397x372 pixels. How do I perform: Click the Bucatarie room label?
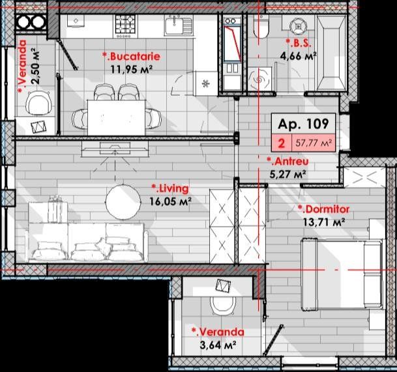[x=131, y=56]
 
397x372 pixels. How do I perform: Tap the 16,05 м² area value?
[x=170, y=202]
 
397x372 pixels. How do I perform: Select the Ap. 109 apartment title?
[x=303, y=124]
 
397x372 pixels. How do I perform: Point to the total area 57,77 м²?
[x=314, y=143]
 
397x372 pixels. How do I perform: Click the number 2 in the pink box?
[x=282, y=143]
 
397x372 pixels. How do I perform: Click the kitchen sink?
[x=179, y=25]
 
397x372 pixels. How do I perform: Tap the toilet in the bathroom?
[x=261, y=27]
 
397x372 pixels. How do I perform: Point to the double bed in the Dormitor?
[x=342, y=274]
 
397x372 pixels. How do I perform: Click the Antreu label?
[x=288, y=161]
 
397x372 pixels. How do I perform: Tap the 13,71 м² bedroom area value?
[x=324, y=222]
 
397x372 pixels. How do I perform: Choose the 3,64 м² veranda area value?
[x=218, y=345]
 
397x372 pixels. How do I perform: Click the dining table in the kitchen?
[x=117, y=118]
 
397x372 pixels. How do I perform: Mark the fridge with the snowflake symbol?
[x=205, y=83]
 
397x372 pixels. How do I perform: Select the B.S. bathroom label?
[x=299, y=43]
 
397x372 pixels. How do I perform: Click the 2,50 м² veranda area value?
[x=35, y=66]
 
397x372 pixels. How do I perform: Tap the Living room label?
[x=170, y=189]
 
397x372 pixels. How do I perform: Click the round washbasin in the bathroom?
[x=299, y=26]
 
